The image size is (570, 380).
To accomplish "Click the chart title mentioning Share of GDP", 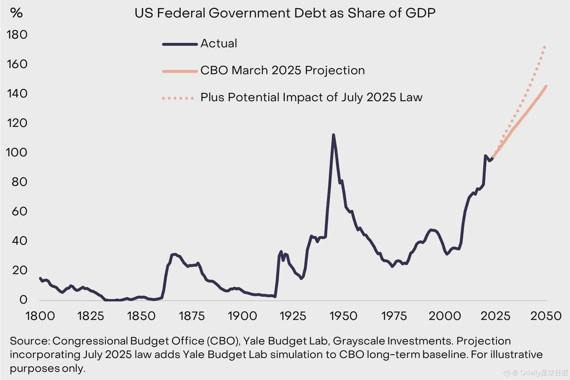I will point(285,13).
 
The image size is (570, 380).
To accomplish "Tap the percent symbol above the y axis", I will point(16,13).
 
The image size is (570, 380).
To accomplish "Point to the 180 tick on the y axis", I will point(17,35).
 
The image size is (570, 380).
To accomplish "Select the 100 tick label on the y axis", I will point(17,153).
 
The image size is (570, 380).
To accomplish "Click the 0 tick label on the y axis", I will point(23,300).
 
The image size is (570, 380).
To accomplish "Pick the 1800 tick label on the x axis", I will point(40,316).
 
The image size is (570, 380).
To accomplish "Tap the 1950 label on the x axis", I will point(343,316).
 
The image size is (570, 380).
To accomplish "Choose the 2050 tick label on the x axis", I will point(546,316).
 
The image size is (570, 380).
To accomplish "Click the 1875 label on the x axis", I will point(192,316).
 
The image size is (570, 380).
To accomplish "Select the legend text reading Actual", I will point(219,43).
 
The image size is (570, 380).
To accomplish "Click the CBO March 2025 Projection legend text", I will point(283,71).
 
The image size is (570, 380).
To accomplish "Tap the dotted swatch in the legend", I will point(178,98).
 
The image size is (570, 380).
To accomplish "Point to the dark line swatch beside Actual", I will point(180,44).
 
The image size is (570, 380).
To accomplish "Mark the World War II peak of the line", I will point(333,135).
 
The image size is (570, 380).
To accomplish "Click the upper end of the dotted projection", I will point(544,47).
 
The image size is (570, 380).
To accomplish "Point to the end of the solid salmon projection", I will point(546,86).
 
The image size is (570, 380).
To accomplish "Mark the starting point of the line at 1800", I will point(40,278).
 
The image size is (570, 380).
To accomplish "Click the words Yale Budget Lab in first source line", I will point(285,341).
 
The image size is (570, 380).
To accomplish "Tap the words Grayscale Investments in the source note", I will point(393,341).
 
